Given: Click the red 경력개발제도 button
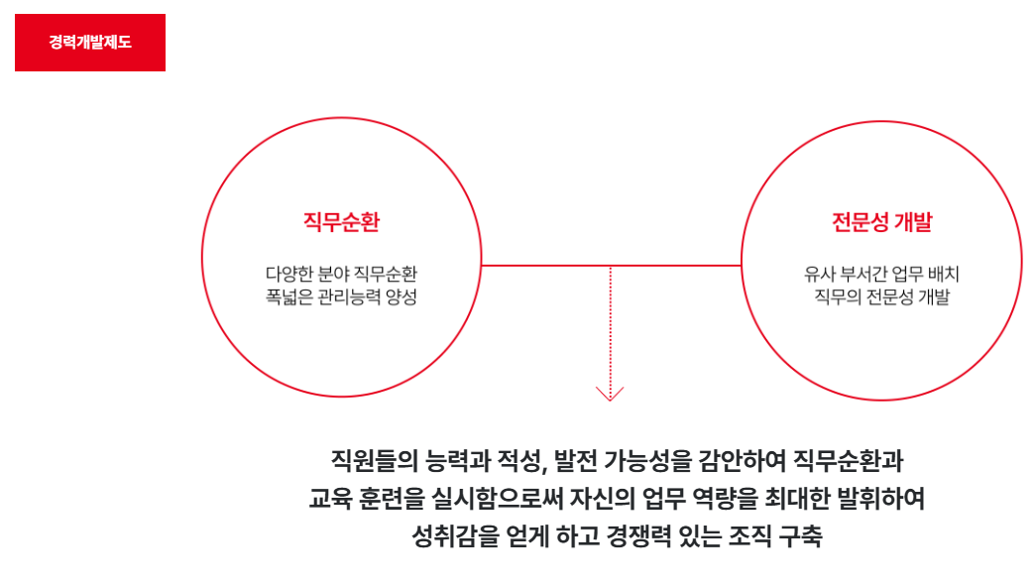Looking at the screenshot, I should [x=89, y=43].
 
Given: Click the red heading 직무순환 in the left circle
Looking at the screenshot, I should [x=341, y=221].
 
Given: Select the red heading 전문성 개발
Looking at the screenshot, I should [x=881, y=221].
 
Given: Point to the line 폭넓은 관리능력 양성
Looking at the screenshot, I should [x=341, y=296].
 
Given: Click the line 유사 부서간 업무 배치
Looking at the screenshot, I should [x=881, y=274].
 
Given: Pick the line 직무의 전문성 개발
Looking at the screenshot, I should [x=881, y=296].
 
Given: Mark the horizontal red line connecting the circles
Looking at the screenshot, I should [x=611, y=266].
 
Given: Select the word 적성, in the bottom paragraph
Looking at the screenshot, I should [x=518, y=461].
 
